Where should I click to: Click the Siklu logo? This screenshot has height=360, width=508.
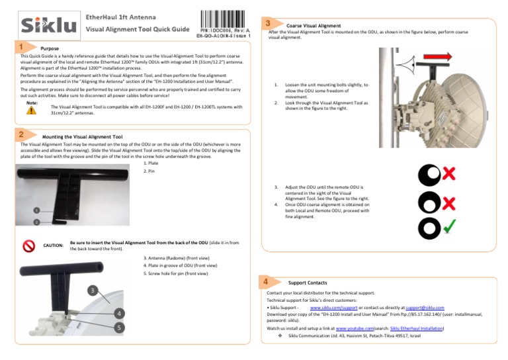point(48,25)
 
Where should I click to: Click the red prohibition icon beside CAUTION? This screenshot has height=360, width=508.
point(28,246)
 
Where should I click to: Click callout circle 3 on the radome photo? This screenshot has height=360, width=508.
point(94,290)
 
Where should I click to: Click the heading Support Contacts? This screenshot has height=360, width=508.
point(308,283)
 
